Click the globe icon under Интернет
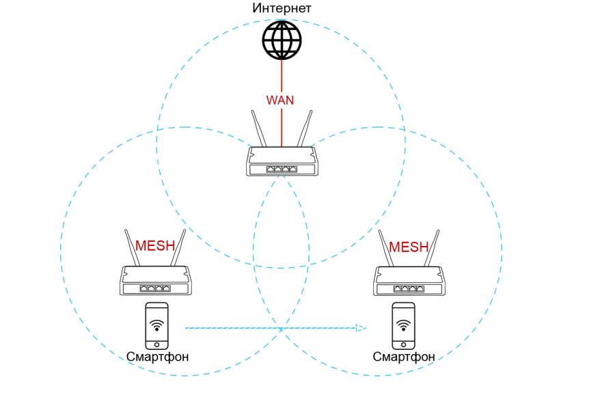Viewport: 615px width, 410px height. coord(282,39)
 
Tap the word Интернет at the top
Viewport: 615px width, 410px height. coord(282,8)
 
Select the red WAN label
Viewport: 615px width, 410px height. coord(280,100)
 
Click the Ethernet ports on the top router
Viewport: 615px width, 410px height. coord(282,169)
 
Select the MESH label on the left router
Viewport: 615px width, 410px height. coord(155,246)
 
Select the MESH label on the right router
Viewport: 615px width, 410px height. coord(409,247)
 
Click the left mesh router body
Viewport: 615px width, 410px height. coord(156,280)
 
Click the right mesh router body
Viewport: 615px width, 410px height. coord(409,280)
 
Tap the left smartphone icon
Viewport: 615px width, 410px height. coord(156,326)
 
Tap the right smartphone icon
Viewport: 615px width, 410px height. coord(403,326)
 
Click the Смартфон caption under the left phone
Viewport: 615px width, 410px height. coord(157,357)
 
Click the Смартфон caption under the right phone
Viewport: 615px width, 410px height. coord(404,357)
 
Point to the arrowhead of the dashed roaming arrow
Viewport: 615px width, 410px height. coord(360,328)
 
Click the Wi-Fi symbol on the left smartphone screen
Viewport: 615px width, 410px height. coord(156,323)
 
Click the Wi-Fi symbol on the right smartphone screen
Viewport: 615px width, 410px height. coord(403,323)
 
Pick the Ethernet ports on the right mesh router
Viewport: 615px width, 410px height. coord(409,288)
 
